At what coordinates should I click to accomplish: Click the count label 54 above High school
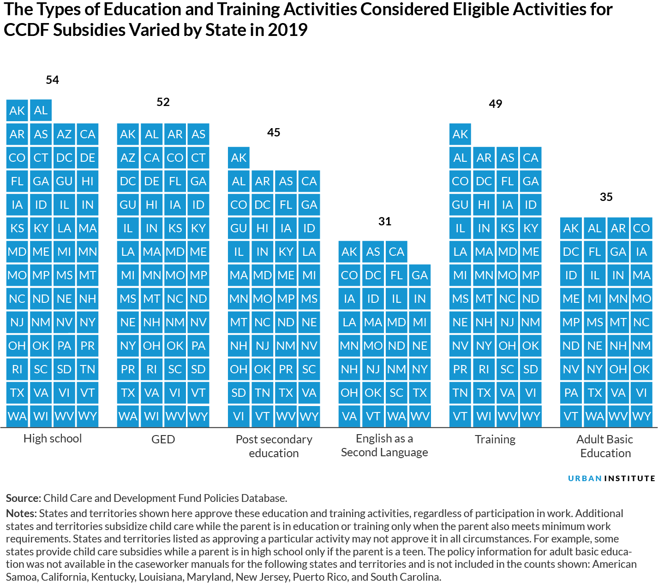tap(52, 80)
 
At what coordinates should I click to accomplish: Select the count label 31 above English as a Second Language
tap(384, 221)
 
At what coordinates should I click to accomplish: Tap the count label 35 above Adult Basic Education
tap(606, 197)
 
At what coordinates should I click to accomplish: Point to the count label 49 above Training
tap(495, 104)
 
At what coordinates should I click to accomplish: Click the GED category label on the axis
tap(163, 439)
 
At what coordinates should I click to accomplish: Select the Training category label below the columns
tap(495, 439)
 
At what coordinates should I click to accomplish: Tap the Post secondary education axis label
tap(274, 446)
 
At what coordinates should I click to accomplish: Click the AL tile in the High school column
tap(41, 111)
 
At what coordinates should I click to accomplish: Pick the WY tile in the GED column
tap(198, 417)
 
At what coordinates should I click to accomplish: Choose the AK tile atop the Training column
tap(460, 134)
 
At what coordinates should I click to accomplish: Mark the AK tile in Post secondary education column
tap(239, 158)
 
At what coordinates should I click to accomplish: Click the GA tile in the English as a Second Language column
tap(419, 275)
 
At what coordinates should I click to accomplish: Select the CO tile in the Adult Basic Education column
tap(641, 228)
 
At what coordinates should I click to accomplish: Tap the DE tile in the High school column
tap(87, 158)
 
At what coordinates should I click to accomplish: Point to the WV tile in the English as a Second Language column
tap(419, 417)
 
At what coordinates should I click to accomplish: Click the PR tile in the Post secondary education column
tap(286, 369)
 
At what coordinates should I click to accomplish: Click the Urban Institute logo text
tap(611, 478)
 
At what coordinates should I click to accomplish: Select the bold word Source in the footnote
tap(23, 498)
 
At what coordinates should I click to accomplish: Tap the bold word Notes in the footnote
tap(21, 513)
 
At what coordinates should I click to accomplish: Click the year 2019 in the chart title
tap(287, 30)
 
